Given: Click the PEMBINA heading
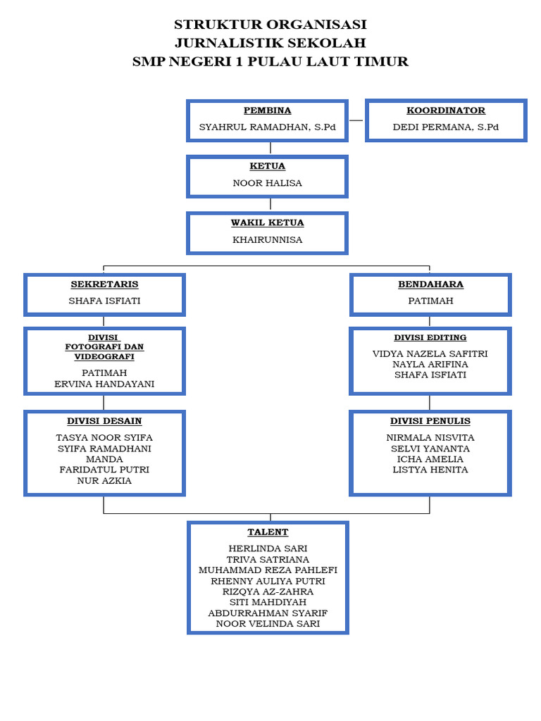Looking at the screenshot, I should [267, 111].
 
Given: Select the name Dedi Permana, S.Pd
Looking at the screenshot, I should [445, 127].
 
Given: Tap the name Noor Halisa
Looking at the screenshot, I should [267, 183].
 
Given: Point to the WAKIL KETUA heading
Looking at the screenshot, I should [267, 222].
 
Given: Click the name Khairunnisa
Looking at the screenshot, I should [267, 239].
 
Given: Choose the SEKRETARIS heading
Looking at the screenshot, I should [104, 284].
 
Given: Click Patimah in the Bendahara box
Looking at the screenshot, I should [430, 301].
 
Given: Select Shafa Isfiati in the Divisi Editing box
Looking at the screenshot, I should [430, 375].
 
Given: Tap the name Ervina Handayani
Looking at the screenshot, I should [104, 384].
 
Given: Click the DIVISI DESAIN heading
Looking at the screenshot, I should [104, 421].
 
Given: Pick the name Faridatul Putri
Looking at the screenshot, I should [104, 470].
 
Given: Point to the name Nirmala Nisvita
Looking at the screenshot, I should [430, 437].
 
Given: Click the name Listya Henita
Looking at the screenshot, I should [430, 470].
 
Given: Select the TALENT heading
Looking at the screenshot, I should [268, 532].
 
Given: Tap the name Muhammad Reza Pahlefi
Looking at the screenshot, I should [268, 570].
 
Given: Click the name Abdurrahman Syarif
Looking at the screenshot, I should [268, 613].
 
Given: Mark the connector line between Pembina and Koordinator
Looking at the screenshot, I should [356, 120].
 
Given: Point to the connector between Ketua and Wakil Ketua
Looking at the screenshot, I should [270, 204].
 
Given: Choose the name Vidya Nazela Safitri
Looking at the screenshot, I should [430, 353].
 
